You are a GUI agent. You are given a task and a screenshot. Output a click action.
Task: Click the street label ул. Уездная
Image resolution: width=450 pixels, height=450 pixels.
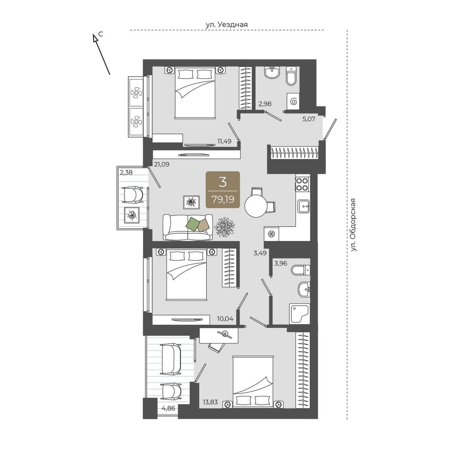click(x=226, y=25)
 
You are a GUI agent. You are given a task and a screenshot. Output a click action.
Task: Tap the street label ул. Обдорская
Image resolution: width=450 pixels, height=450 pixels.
click(x=354, y=225)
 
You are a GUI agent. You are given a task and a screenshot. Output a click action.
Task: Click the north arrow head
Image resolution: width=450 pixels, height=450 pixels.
click(x=95, y=38)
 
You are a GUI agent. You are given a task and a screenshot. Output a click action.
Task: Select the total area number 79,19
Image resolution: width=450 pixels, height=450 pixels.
click(x=222, y=199)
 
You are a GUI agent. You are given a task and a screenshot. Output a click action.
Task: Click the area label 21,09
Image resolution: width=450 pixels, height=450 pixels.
click(x=162, y=164)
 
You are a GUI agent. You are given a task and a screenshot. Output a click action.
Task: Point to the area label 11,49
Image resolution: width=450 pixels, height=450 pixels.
click(x=224, y=141)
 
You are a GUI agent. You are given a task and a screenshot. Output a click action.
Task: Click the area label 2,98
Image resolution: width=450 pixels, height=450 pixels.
click(x=265, y=103)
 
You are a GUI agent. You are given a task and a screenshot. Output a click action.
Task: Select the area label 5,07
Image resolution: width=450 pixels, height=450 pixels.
click(x=309, y=119)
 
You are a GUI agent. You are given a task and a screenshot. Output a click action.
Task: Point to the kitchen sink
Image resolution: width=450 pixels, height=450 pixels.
click(x=303, y=206)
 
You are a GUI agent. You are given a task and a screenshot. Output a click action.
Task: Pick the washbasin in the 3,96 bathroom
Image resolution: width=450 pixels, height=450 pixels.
click(x=304, y=289)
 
